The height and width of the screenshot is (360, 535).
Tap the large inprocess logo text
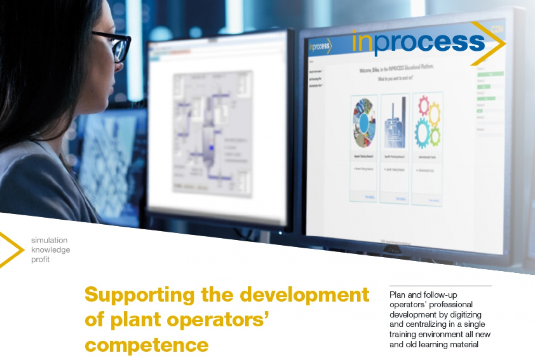[418, 42]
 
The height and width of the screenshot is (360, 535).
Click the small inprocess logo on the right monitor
[320, 47]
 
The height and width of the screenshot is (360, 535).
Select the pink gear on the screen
[423, 105]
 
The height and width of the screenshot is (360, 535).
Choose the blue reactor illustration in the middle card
[395, 123]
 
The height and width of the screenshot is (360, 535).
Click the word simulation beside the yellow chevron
[49, 240]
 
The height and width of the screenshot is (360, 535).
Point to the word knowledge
[51, 250]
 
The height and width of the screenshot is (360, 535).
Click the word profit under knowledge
[40, 260]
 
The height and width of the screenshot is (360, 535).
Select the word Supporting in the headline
[140, 296]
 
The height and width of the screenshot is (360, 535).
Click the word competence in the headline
[147, 345]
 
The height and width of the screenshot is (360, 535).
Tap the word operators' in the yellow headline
[214, 321]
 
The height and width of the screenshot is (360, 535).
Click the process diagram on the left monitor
[212, 132]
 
